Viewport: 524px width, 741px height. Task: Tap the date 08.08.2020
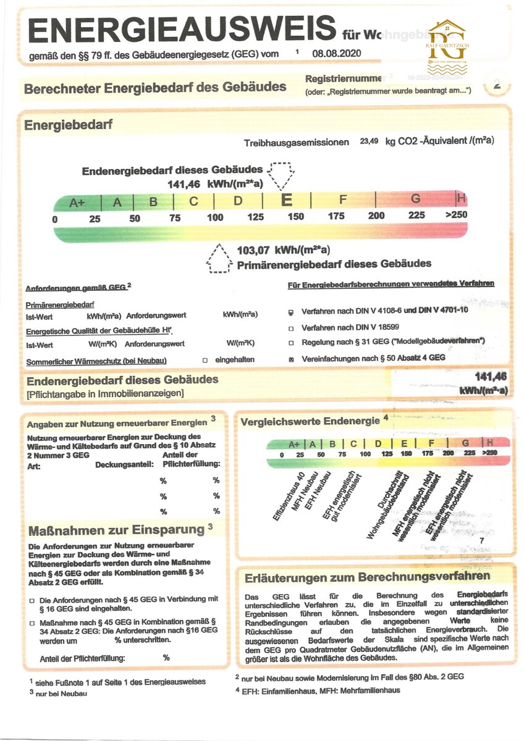[336, 54]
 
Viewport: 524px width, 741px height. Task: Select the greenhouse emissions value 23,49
[369, 141]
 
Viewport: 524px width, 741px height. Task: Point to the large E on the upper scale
[287, 200]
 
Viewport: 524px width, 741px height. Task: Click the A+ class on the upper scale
[77, 201]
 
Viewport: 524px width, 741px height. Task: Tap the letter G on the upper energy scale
[415, 199]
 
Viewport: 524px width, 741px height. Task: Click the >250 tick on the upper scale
[456, 215]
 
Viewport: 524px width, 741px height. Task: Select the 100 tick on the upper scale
[215, 217]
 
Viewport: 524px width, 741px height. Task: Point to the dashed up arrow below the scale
[218, 258]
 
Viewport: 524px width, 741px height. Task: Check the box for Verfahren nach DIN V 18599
[291, 327]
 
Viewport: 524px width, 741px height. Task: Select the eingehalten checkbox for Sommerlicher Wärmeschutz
[205, 359]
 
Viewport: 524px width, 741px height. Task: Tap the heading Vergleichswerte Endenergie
[310, 421]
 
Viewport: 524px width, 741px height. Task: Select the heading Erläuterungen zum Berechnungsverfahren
[367, 577]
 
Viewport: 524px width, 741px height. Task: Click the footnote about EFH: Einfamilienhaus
[318, 690]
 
